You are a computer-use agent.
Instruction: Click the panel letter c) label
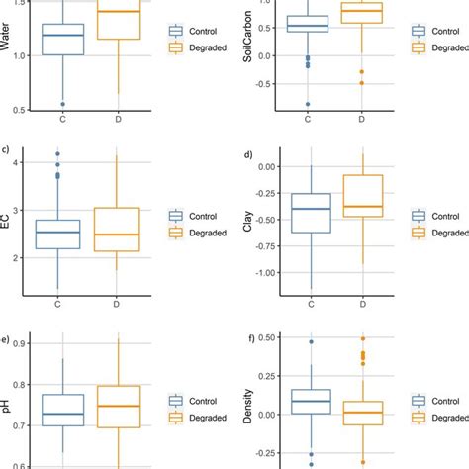pos(7,151)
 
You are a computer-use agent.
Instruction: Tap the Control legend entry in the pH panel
pos(196,400)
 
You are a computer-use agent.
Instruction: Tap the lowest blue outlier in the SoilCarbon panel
pos(307,104)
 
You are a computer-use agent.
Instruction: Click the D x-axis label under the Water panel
pos(120,120)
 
